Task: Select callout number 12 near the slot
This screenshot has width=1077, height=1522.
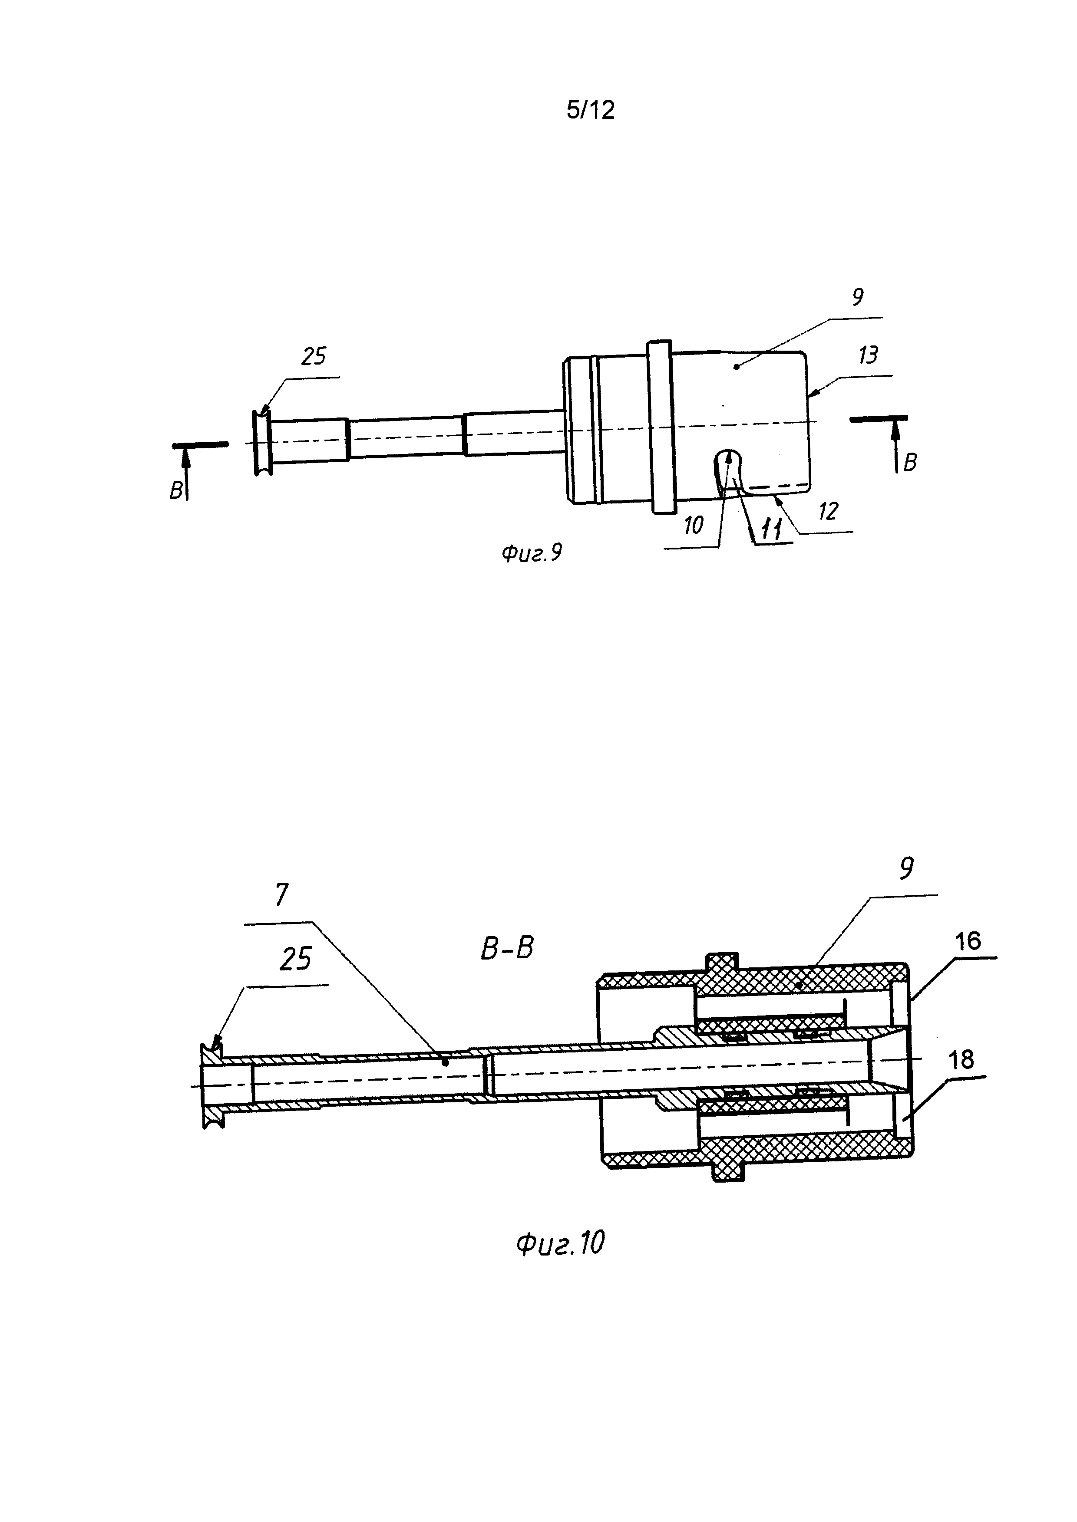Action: [828, 511]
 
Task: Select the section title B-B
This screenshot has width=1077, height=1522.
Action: [507, 949]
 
